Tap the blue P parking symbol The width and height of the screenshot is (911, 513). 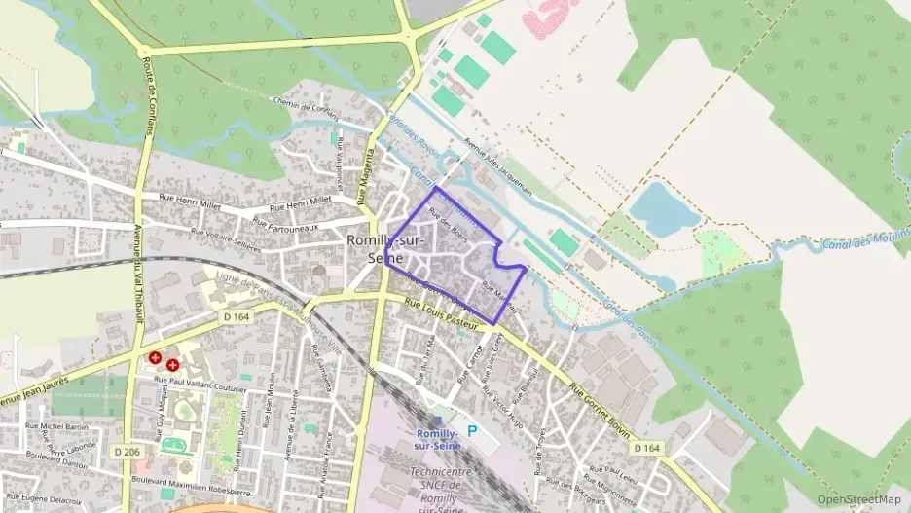pos(473,431)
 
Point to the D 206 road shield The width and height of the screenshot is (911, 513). pos(126,452)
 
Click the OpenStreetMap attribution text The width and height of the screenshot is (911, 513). pos(859,499)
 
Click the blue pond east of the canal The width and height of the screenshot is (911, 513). pos(658,208)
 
